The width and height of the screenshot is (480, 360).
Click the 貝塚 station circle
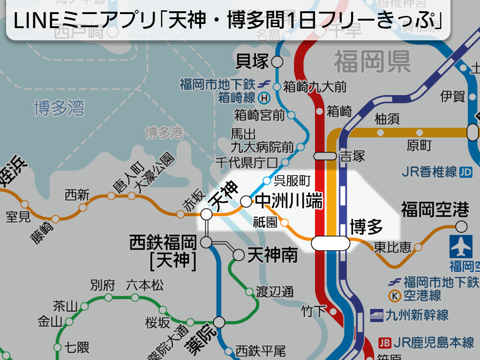pyautogui.click(x=277, y=62)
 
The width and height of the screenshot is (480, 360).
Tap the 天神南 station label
pyautogui.click(x=272, y=255)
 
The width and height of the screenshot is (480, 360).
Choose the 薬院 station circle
pyautogui.click(x=219, y=322)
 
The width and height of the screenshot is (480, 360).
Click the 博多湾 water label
pyautogui.click(x=59, y=108)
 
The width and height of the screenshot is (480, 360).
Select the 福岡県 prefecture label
pyautogui.click(x=372, y=62)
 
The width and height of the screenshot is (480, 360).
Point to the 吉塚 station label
pyautogui.click(x=352, y=156)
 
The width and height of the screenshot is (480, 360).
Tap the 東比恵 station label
pyautogui.click(x=392, y=247)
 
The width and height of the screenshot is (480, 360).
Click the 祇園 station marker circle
pyautogui.click(x=284, y=222)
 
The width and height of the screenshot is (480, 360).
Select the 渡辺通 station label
pyautogui.click(x=275, y=292)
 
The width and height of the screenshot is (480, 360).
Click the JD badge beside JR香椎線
pyautogui.click(x=466, y=172)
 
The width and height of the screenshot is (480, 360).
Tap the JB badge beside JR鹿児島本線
pyautogui.click(x=384, y=343)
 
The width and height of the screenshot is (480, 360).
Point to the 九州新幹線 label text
pyautogui.click(x=417, y=315)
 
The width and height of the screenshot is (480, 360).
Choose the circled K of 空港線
pyautogui.click(x=395, y=296)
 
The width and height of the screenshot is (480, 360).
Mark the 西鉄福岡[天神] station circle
pyautogui.click(x=206, y=242)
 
